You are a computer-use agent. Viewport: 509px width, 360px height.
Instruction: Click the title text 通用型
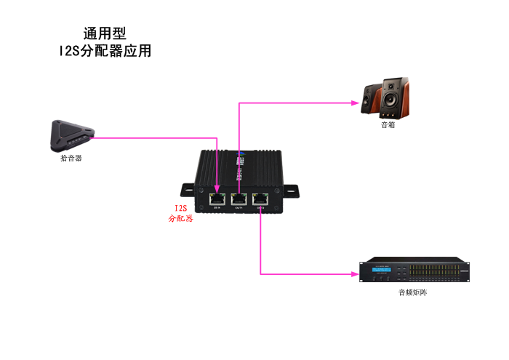point(105,33)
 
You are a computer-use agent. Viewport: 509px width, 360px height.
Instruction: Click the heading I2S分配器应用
point(105,51)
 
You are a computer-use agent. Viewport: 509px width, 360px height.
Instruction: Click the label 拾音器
point(71,157)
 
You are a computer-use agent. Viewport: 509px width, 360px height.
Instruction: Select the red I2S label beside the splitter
point(180,208)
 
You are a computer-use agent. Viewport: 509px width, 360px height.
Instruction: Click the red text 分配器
point(180,217)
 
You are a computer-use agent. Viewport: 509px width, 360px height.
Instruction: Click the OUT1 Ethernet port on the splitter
point(239,197)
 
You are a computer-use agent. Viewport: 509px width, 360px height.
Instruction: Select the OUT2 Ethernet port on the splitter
point(260,197)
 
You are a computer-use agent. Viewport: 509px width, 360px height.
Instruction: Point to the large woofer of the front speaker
point(391,103)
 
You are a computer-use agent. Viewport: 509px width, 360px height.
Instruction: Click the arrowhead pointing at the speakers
point(358,103)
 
